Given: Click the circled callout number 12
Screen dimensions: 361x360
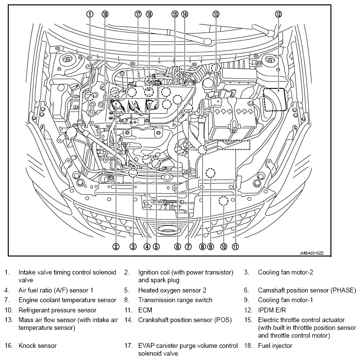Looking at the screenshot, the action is coord(279,14).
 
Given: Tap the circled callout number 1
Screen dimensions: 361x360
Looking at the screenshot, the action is coord(90,14).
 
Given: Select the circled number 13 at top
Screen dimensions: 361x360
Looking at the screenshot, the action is coord(216,14).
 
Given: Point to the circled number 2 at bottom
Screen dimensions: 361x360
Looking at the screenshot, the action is coord(116,247).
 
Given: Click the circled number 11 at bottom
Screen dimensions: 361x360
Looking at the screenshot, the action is coord(235,247).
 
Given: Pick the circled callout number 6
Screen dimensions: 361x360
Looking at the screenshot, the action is coord(178,247).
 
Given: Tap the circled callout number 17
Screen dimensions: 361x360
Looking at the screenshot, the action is coord(138,14).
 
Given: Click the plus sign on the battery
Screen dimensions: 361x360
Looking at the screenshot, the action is coord(218,101).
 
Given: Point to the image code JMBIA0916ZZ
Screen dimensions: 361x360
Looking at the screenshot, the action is coord(312,253).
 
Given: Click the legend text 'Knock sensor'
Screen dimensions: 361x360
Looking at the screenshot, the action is coord(37,346).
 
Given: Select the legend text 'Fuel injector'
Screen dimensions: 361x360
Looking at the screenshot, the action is coord(275,346).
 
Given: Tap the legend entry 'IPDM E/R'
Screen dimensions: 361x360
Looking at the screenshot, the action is coord(272,310).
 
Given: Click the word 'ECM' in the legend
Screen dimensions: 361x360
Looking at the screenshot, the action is coord(145,310).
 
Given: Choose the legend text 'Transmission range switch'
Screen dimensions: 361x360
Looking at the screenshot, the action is coord(175,300).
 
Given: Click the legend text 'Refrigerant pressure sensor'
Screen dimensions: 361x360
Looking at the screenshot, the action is coord(57,310).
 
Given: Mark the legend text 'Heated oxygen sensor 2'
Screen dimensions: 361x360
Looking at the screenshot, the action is coord(172,290).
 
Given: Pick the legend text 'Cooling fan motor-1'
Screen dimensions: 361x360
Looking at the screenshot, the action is coord(285,300).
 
